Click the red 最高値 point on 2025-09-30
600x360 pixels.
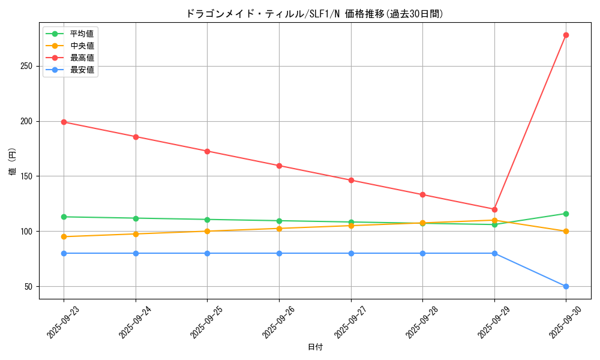tap(566, 35)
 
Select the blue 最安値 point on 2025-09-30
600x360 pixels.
tap(566, 286)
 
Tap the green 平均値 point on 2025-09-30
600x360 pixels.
tap(566, 214)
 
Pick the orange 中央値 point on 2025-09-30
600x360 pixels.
tap(566, 231)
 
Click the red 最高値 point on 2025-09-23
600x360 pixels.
tap(64, 122)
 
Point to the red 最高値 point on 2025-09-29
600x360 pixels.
tap(494, 209)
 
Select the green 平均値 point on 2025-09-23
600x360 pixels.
tap(64, 217)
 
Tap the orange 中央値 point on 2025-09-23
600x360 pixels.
tap(64, 236)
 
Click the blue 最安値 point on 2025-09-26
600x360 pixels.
tap(279, 253)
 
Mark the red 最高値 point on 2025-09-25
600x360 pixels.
tap(207, 151)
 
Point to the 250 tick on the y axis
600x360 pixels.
tap(26, 66)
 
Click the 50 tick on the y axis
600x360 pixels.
tap(29, 286)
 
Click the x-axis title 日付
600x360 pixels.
tap(315, 347)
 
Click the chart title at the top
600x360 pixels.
tap(315, 13)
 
